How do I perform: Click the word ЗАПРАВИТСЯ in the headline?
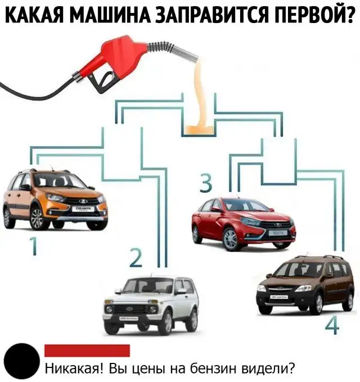[210, 15]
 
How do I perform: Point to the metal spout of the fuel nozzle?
[185, 52]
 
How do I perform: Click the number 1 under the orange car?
[34, 246]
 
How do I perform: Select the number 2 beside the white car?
[136, 258]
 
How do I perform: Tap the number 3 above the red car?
[206, 183]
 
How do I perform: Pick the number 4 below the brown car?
[332, 326]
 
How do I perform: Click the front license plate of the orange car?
[83, 209]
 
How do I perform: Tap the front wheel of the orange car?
[37, 219]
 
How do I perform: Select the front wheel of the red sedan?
[230, 240]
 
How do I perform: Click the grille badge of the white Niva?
[129, 309]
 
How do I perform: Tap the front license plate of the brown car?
[279, 297]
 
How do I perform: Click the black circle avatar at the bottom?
[22, 361]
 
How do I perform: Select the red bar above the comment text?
[87, 351]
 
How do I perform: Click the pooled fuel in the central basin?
[199, 130]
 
